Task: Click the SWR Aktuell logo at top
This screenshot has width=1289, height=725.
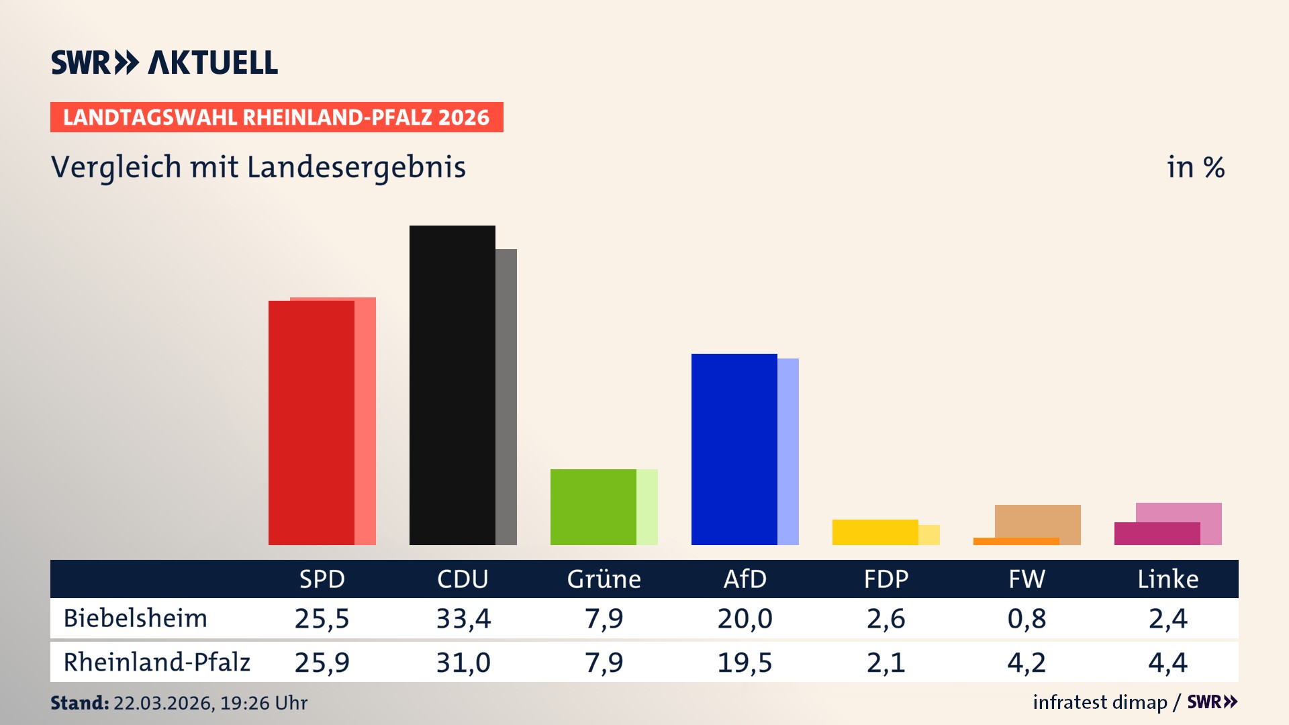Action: (164, 62)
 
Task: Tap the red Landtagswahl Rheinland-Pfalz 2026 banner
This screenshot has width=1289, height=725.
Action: (277, 117)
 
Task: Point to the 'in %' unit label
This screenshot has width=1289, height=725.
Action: (1195, 168)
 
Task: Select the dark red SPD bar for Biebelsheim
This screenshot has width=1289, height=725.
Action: (311, 423)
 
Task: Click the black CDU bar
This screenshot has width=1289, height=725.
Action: (452, 386)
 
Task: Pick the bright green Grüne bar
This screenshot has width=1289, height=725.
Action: (593, 507)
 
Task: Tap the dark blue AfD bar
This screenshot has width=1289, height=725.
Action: (734, 450)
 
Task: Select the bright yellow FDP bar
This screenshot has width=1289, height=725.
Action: (875, 532)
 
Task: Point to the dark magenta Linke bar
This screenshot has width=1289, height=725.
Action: (1157, 534)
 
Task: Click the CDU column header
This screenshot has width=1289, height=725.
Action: (463, 579)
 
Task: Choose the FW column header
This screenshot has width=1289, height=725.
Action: (1027, 579)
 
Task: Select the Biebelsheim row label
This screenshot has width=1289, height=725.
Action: (136, 618)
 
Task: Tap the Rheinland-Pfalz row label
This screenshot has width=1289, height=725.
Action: (156, 663)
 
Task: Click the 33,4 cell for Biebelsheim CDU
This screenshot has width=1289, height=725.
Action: (463, 618)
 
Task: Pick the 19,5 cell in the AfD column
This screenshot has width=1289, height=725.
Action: (745, 663)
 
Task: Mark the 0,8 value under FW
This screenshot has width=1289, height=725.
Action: (1027, 618)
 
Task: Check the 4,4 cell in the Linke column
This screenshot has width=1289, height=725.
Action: (1167, 663)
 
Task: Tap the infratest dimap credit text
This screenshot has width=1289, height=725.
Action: (1100, 702)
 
